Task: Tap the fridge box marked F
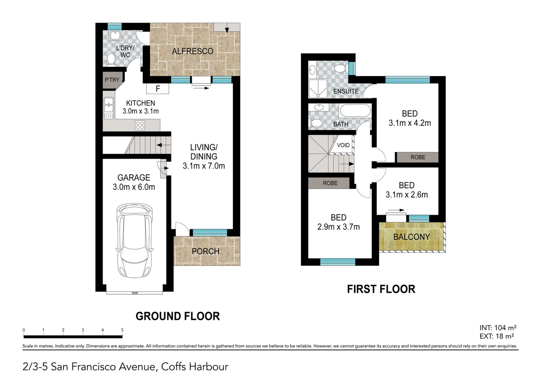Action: pos(158,89)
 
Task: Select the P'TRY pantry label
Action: pos(112,80)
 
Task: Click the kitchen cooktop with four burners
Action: pos(140,125)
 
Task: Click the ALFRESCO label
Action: pos(193,51)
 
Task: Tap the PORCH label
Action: pos(205,251)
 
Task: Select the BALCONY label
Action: pos(411,237)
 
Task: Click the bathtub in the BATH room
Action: pos(355,111)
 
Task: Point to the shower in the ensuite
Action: pos(318,88)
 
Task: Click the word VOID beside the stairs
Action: pos(343,145)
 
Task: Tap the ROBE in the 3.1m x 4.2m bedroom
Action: pos(417,157)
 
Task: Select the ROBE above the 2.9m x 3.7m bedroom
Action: pos(330,183)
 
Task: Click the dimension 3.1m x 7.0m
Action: pos(204,166)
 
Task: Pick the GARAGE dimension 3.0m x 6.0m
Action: pos(134,187)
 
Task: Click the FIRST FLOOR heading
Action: pos(381,289)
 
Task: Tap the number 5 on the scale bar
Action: pos(122,330)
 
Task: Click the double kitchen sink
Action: pos(109,108)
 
